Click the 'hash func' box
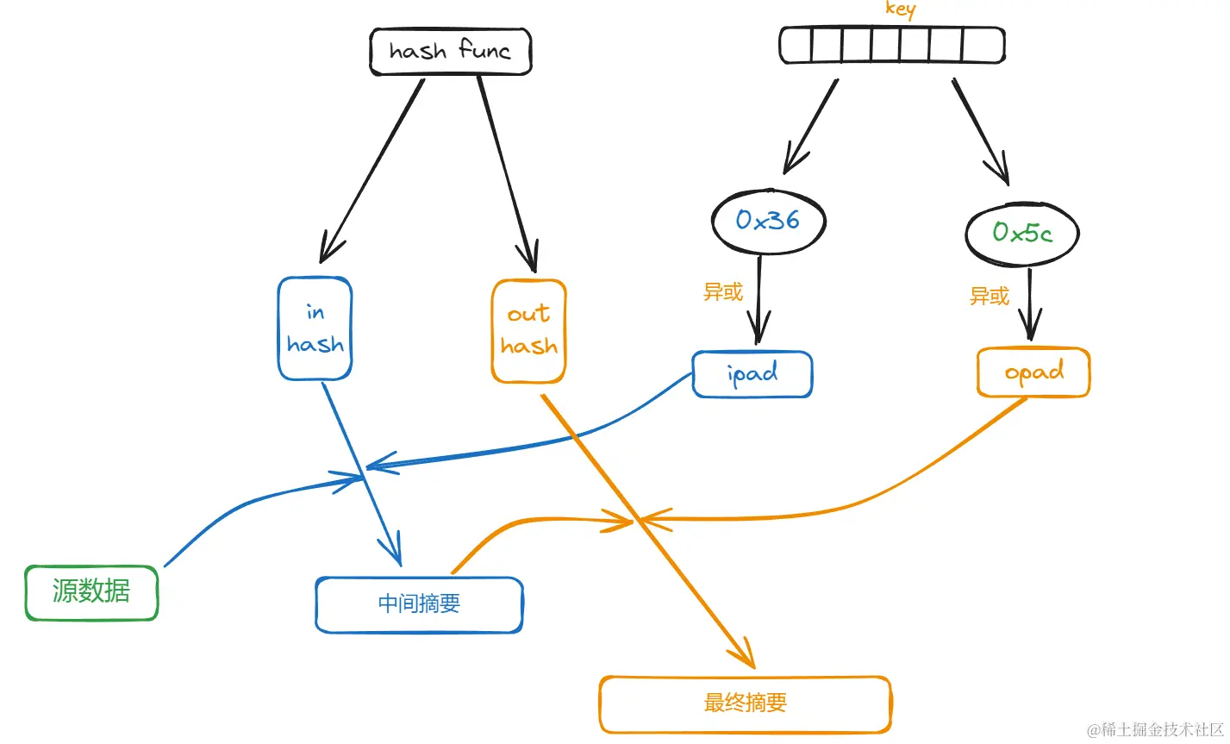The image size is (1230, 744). [x=451, y=51]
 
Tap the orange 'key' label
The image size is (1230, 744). [x=901, y=9]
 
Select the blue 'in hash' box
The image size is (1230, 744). [x=315, y=328]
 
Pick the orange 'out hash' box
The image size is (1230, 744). [x=528, y=331]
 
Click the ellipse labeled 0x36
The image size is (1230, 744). [x=769, y=222]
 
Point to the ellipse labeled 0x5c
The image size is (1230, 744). [x=1022, y=234]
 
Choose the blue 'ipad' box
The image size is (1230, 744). [x=752, y=374]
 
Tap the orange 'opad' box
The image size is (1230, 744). [x=1033, y=372]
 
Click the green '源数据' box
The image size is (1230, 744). [x=91, y=593]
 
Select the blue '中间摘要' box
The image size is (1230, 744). [x=419, y=604]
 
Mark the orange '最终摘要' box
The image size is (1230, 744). [x=745, y=704]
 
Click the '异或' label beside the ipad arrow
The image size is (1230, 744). [x=722, y=292]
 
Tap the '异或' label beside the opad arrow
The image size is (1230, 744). [x=989, y=297]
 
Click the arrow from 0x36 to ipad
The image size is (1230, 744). [x=759, y=300]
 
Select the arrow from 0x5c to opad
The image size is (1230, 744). [x=1029, y=304]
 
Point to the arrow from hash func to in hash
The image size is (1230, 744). [x=371, y=171]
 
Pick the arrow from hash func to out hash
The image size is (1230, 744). [x=507, y=174]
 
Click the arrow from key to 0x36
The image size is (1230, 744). [x=810, y=127]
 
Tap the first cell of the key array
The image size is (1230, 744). [x=796, y=45]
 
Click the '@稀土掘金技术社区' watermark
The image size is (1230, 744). [x=1155, y=729]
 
